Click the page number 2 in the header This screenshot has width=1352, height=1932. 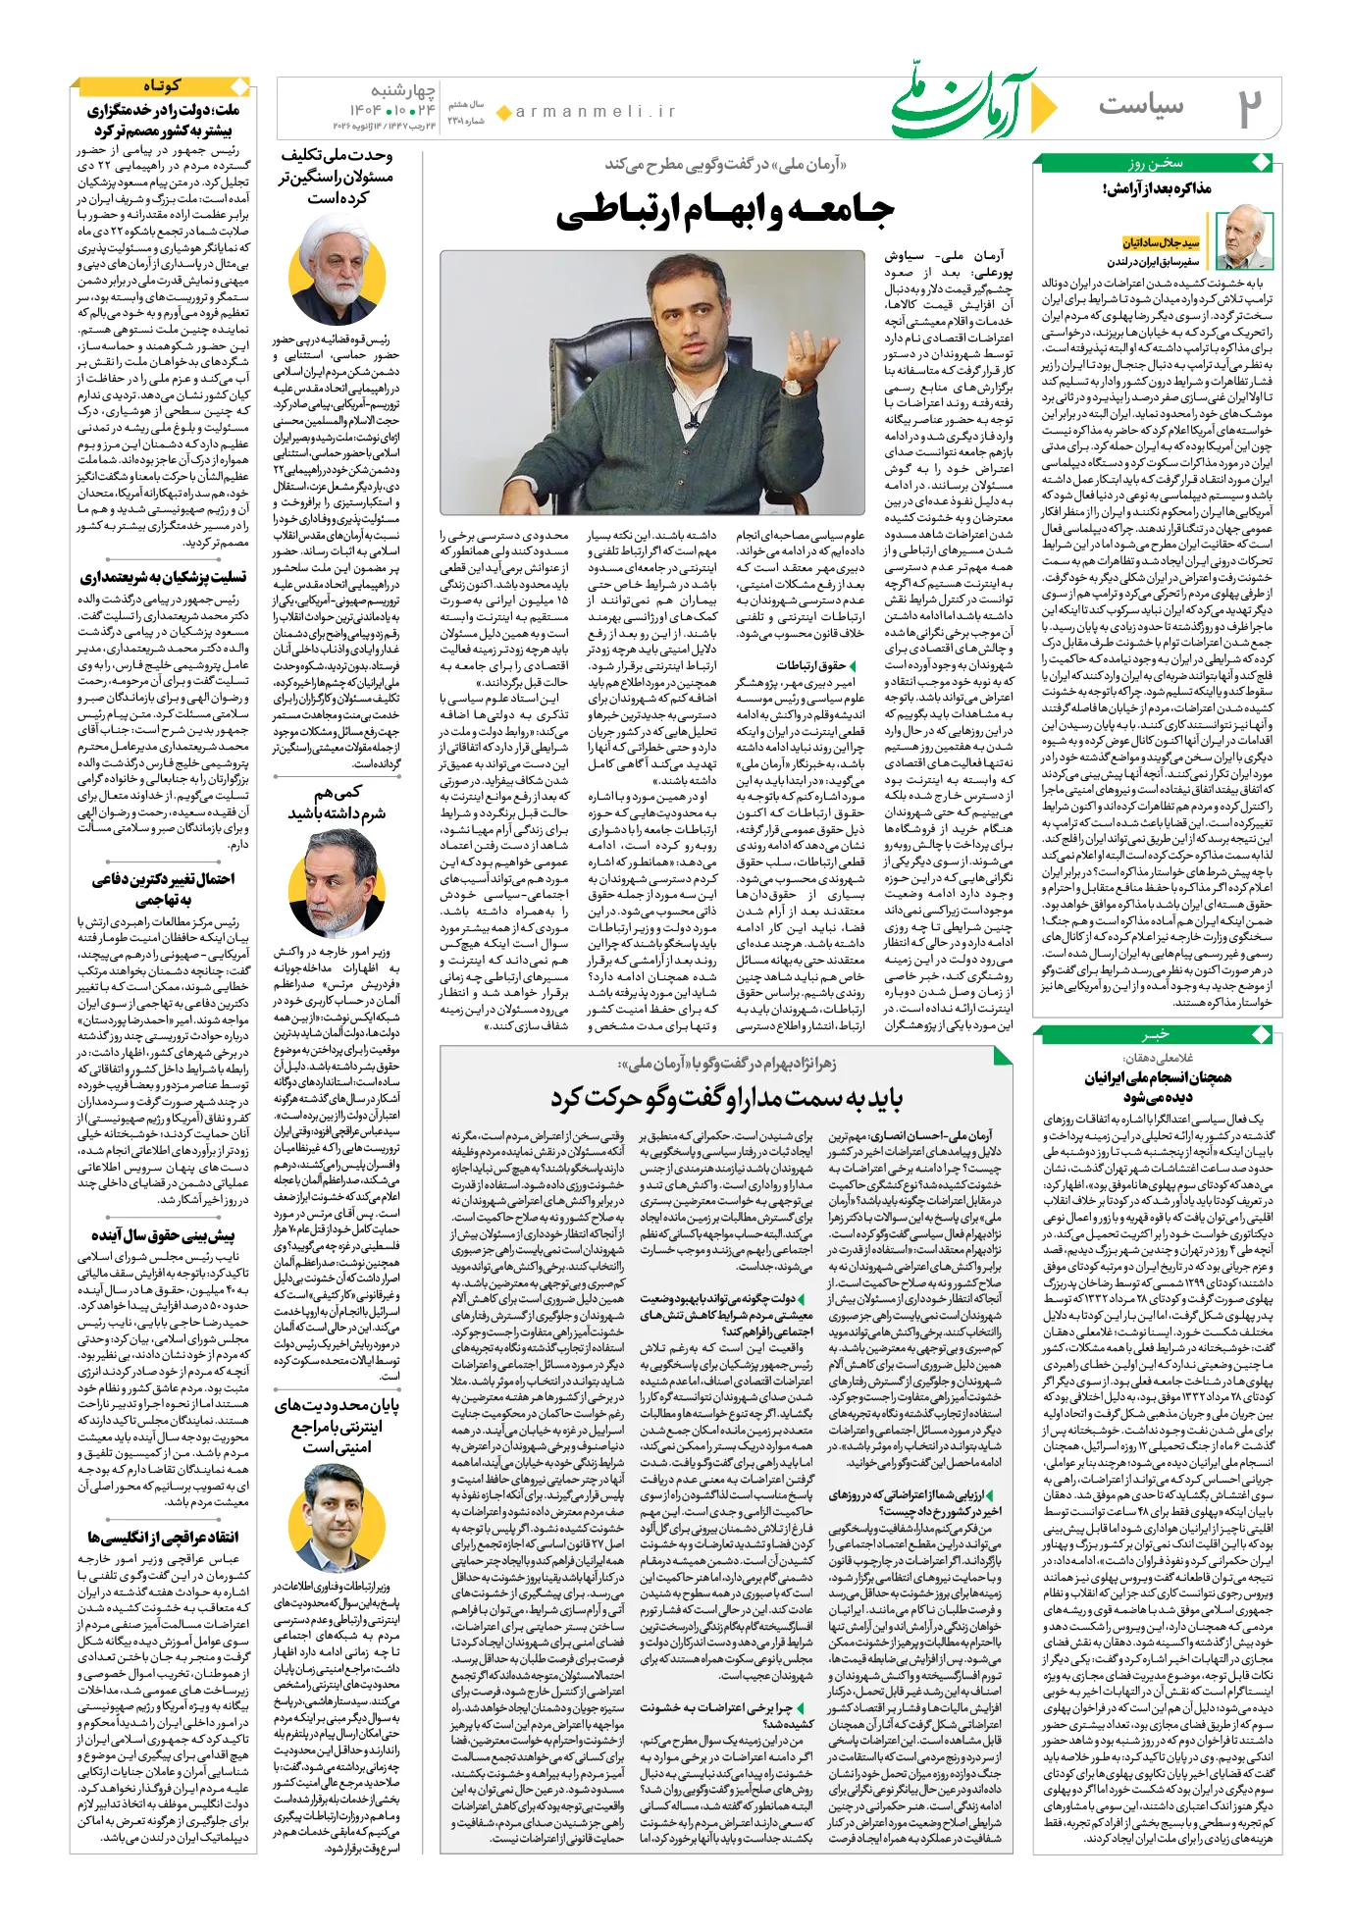coord(1247,107)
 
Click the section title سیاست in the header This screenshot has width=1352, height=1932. coord(1140,105)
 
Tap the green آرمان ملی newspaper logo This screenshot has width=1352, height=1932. coord(971,103)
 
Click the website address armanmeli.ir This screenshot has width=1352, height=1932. coord(596,112)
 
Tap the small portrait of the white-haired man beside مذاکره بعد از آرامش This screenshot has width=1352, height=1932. coord(1243,239)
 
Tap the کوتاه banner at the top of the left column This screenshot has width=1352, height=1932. coord(163,86)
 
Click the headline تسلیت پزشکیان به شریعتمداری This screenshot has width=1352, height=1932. coord(163,577)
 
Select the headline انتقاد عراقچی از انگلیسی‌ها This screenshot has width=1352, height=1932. coord(163,1536)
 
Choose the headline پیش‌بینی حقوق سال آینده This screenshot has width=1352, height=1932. coord(163,1234)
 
